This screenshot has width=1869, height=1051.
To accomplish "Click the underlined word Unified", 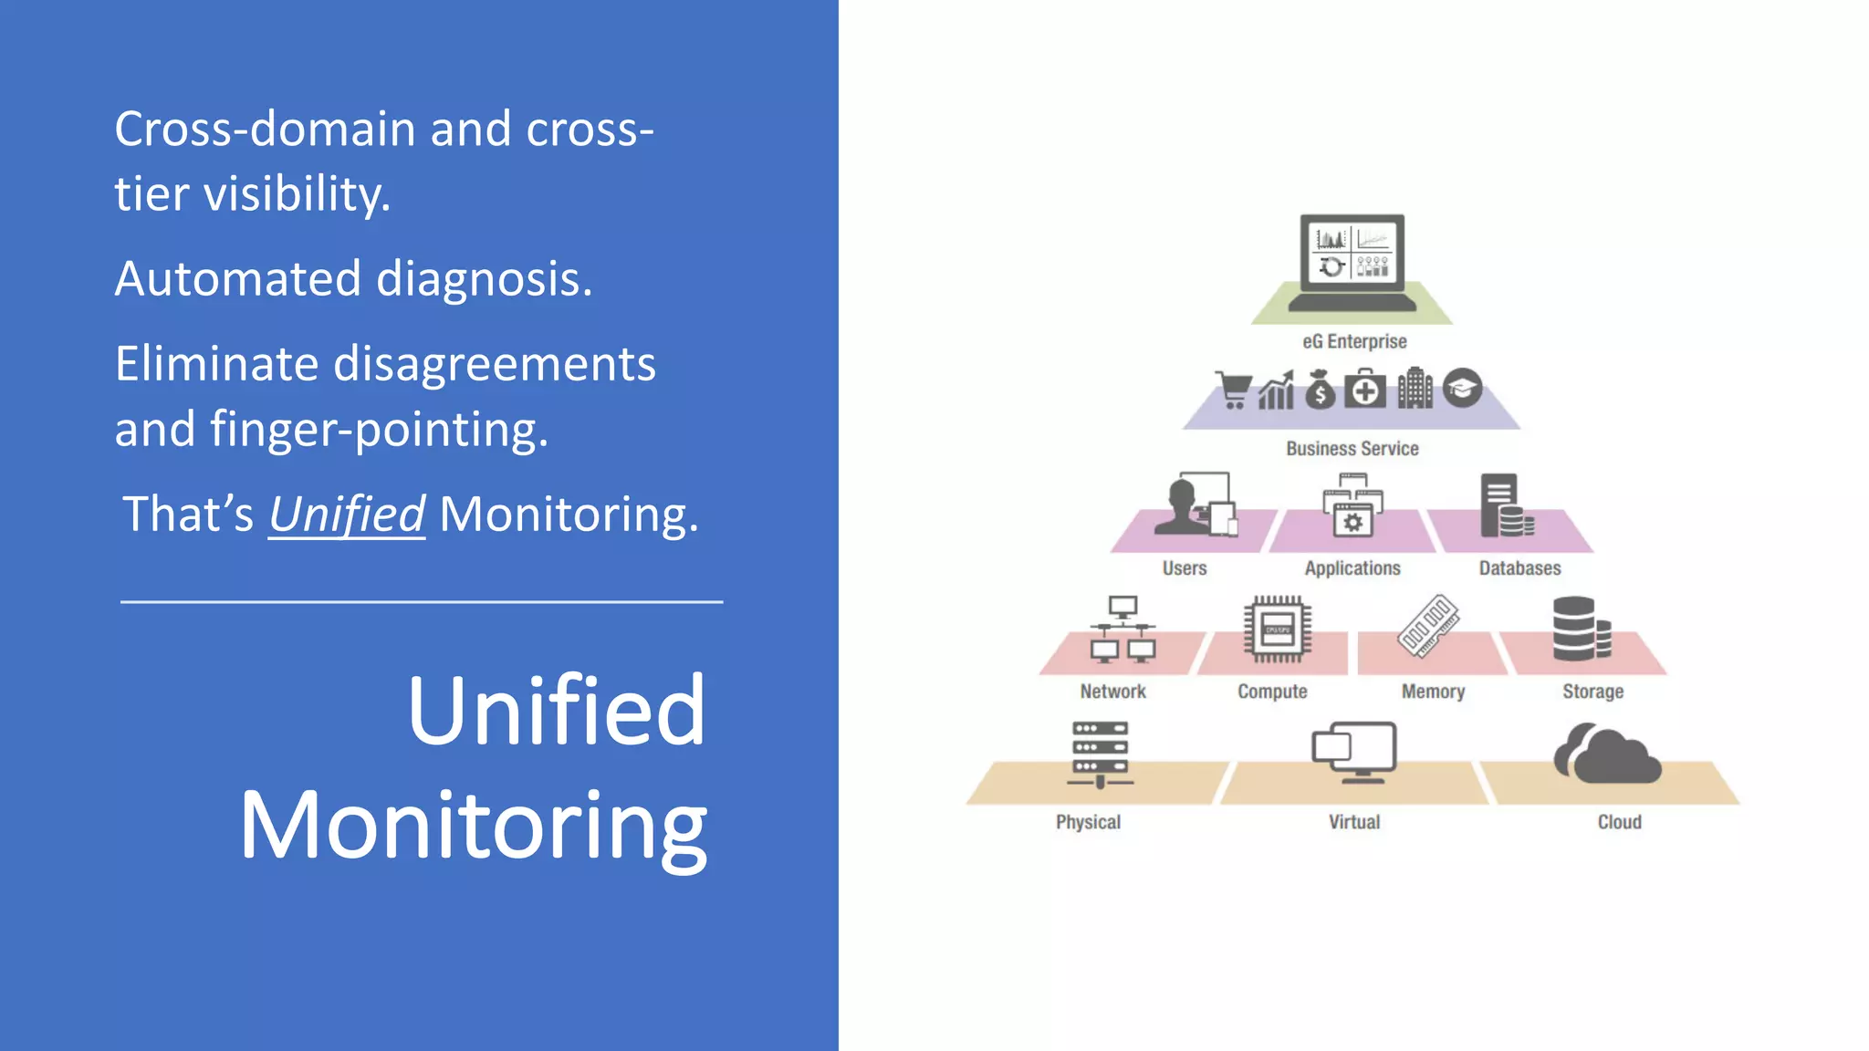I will click(346, 514).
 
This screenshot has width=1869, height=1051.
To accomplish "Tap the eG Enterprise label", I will click(1354, 341).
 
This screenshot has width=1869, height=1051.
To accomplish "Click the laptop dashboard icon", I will click(1352, 262).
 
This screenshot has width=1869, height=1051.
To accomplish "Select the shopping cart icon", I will click(1234, 390).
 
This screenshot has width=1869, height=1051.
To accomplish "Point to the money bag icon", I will click(1320, 390).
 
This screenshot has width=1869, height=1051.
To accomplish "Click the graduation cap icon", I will click(1462, 389).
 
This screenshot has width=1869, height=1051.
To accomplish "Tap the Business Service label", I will click(1352, 449).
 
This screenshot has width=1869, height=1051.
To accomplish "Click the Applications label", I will click(1352, 568).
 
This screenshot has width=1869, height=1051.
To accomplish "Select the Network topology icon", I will click(1122, 630).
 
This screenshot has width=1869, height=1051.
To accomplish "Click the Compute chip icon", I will click(1277, 630).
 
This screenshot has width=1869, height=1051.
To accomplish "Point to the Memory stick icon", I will click(1428, 626).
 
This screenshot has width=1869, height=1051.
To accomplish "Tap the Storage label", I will click(1592, 692).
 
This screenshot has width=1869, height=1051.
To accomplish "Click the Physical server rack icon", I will click(1100, 754).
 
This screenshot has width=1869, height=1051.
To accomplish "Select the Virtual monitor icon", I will click(1355, 752).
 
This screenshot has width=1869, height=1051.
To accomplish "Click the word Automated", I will click(237, 278).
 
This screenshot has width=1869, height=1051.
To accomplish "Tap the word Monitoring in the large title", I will click(473, 826).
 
